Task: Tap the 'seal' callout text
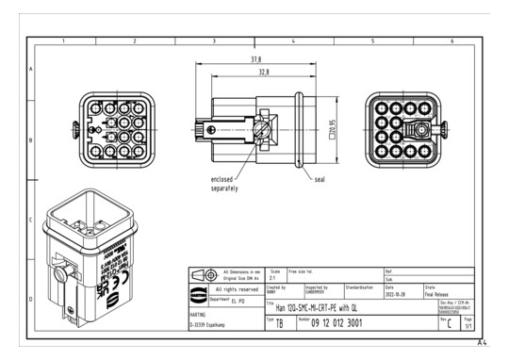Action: (321, 177)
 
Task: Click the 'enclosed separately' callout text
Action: (224, 183)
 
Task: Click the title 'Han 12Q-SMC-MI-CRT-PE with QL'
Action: (320, 304)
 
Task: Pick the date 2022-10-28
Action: (397, 292)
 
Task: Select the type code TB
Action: (278, 322)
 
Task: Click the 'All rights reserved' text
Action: (230, 289)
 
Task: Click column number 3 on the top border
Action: (215, 41)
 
